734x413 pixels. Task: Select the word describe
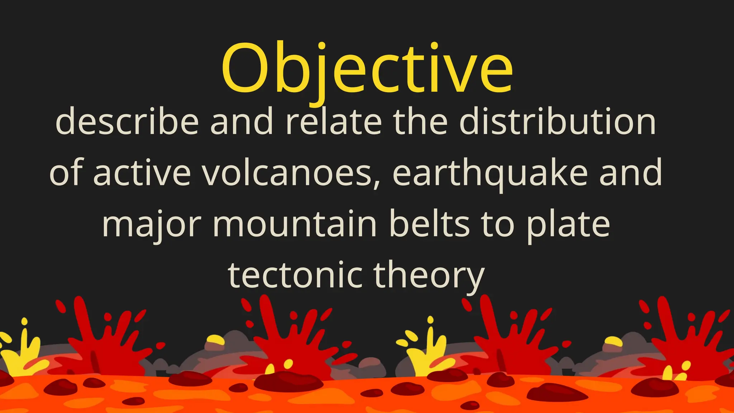pyautogui.click(x=127, y=122)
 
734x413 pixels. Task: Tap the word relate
pyautogui.click(x=333, y=122)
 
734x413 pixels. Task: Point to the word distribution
pyautogui.click(x=558, y=122)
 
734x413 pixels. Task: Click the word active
pyautogui.click(x=142, y=173)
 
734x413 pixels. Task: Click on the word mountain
pyautogui.click(x=295, y=224)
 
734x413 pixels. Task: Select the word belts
pyautogui.click(x=429, y=224)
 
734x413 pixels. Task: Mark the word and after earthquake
pyautogui.click(x=630, y=173)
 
